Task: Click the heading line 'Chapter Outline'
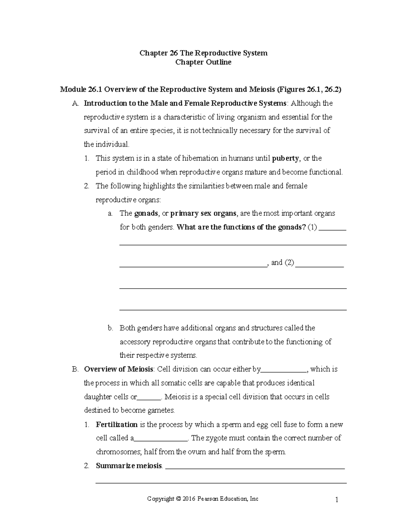tap(203, 62)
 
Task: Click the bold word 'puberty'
tap(286, 158)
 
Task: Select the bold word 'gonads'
tap(146, 213)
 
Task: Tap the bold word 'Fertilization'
tap(117, 424)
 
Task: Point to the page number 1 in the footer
tap(337, 500)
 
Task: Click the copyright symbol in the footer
tap(178, 499)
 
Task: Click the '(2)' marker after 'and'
tap(289, 262)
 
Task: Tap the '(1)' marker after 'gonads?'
tap(312, 227)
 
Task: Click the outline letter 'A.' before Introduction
tap(75, 103)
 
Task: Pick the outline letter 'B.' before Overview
tap(75, 369)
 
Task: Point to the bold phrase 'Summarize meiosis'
tap(129, 466)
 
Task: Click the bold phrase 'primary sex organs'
tap(203, 213)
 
